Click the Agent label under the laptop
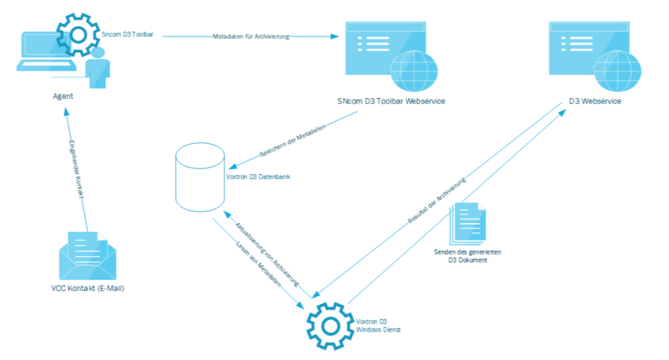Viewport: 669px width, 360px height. pos(62,97)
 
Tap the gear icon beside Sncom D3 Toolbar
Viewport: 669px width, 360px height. pos(78,34)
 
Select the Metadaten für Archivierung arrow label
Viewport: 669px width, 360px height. pos(246,36)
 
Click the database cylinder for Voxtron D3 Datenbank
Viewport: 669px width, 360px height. pos(199,179)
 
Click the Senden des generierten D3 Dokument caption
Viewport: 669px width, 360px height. pos(468,257)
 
